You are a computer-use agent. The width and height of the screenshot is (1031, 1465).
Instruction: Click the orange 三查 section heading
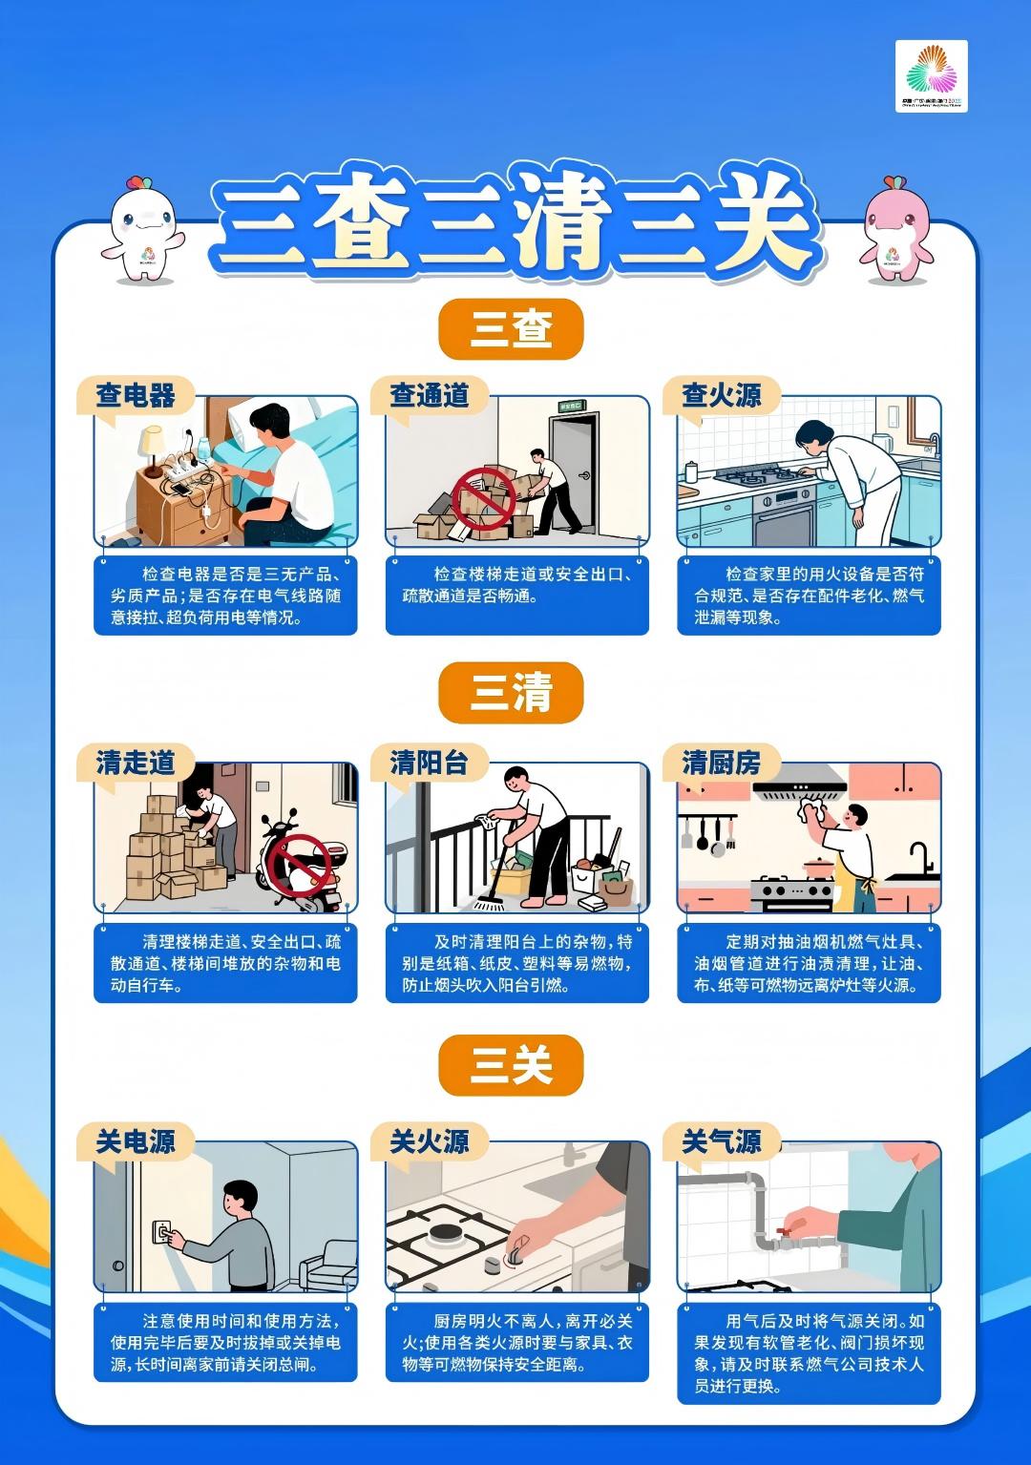511,329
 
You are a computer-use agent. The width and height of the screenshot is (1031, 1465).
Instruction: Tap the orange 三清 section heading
511,692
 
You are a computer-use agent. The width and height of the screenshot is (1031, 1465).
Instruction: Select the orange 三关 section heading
511,1065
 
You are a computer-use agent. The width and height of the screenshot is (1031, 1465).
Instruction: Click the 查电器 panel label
135,395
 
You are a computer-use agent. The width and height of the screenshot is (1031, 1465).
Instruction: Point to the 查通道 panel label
429,395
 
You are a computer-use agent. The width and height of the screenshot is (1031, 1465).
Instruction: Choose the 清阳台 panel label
429,763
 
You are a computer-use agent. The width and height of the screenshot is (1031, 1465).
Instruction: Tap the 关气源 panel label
721,1141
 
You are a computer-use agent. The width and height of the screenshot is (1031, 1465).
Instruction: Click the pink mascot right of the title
895,230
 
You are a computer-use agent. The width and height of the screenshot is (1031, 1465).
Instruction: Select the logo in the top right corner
931,76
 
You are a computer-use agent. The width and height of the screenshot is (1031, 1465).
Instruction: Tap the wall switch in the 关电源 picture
162,1233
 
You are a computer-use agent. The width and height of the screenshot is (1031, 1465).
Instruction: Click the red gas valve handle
787,1230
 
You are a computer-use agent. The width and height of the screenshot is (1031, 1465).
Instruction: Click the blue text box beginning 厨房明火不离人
516,1342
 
